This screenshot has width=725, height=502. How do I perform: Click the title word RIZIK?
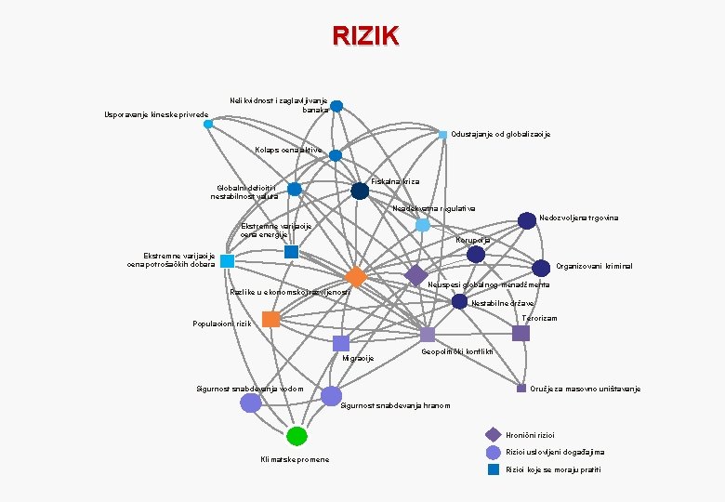tap(365, 36)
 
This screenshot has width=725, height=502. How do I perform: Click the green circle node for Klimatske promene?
tap(297, 435)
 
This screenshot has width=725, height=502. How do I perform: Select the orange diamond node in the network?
tap(355, 277)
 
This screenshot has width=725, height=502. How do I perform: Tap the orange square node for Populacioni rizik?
tap(270, 319)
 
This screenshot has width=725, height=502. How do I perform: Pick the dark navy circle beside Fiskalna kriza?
tap(360, 191)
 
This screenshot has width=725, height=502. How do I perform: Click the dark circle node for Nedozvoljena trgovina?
tap(527, 220)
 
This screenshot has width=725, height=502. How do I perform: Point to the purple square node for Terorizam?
tap(521, 333)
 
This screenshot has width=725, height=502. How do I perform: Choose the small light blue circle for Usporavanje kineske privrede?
tap(208, 124)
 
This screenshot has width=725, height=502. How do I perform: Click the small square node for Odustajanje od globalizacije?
tap(443, 135)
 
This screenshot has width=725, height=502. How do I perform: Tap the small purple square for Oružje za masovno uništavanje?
tap(521, 388)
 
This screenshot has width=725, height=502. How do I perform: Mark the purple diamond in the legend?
tap(494, 434)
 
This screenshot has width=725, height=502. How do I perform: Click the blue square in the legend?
tap(494, 469)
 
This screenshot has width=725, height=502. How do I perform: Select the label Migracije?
tap(358, 358)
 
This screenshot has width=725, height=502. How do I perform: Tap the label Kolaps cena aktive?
tap(288, 150)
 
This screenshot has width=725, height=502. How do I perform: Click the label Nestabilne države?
tap(503, 303)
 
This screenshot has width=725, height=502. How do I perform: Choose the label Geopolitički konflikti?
tap(457, 351)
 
